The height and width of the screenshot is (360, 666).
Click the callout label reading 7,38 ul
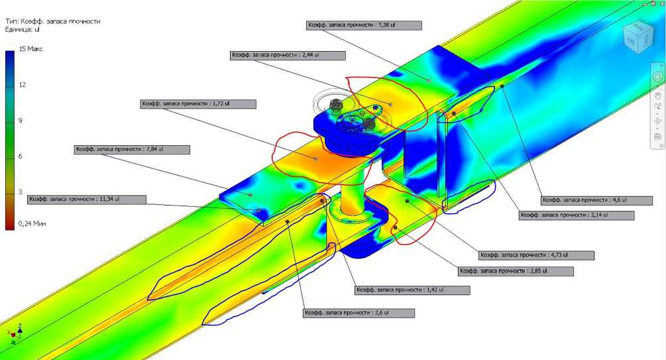[364, 25]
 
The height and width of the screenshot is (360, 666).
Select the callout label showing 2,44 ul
[288, 55]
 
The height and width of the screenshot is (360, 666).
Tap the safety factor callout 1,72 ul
[198, 103]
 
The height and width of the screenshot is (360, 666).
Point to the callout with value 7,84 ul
[132, 150]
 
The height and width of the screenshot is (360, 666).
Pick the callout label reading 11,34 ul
[87, 200]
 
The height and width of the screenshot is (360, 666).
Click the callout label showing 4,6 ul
[597, 200]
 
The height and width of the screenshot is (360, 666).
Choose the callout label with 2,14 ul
[577, 215]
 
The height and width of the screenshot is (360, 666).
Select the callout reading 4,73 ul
[537, 255]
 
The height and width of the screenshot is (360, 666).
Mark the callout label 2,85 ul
[516, 271]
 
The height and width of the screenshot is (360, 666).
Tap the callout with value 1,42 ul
[412, 290]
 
